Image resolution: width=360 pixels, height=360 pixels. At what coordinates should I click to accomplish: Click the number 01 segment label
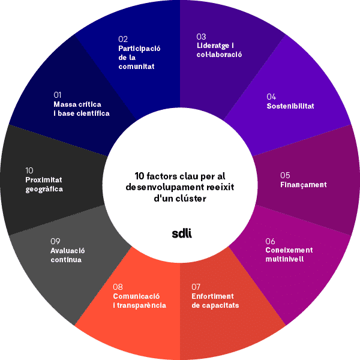pyautogui.click(x=58, y=95)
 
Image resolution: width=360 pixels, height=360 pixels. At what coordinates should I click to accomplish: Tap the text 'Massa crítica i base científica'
pyautogui.click(x=81, y=109)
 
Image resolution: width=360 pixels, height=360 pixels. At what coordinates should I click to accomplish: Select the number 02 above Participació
pyautogui.click(x=123, y=39)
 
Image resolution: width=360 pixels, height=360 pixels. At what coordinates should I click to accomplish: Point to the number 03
pyautogui.click(x=201, y=36)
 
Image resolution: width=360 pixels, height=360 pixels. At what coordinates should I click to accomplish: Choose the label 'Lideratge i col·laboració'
pyautogui.click(x=219, y=50)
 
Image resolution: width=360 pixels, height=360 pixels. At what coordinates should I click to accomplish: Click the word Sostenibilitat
pyautogui.click(x=290, y=106)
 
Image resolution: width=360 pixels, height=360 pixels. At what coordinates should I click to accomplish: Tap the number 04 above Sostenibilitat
pyautogui.click(x=271, y=97)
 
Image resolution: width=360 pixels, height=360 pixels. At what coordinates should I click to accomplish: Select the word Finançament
pyautogui.click(x=303, y=185)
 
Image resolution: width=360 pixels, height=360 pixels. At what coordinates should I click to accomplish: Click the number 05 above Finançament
pyautogui.click(x=285, y=175)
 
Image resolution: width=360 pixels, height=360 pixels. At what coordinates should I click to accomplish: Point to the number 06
pyautogui.click(x=271, y=241)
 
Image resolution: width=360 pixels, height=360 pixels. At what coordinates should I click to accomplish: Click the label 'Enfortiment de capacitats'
pyautogui.click(x=215, y=301)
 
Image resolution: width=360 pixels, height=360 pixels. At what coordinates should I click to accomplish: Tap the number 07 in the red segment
pyautogui.click(x=196, y=287)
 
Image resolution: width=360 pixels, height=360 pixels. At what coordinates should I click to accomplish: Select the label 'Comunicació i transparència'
pyautogui.click(x=139, y=301)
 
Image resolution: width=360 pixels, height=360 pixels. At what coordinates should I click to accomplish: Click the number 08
pyautogui.click(x=118, y=287)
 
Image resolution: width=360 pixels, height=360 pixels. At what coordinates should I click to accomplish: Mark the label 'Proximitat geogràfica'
pyautogui.click(x=44, y=185)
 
